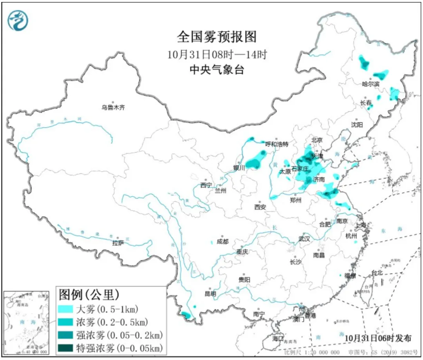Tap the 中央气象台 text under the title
[x=217, y=70]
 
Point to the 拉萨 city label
[x=118, y=243]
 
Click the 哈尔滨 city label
[x=371, y=83]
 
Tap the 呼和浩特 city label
[x=277, y=144]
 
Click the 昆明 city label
[x=210, y=293]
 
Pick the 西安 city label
[x=260, y=207]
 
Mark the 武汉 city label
[x=304, y=238]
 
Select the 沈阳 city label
[x=357, y=124]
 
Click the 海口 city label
[x=278, y=338]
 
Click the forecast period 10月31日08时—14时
[x=217, y=54]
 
